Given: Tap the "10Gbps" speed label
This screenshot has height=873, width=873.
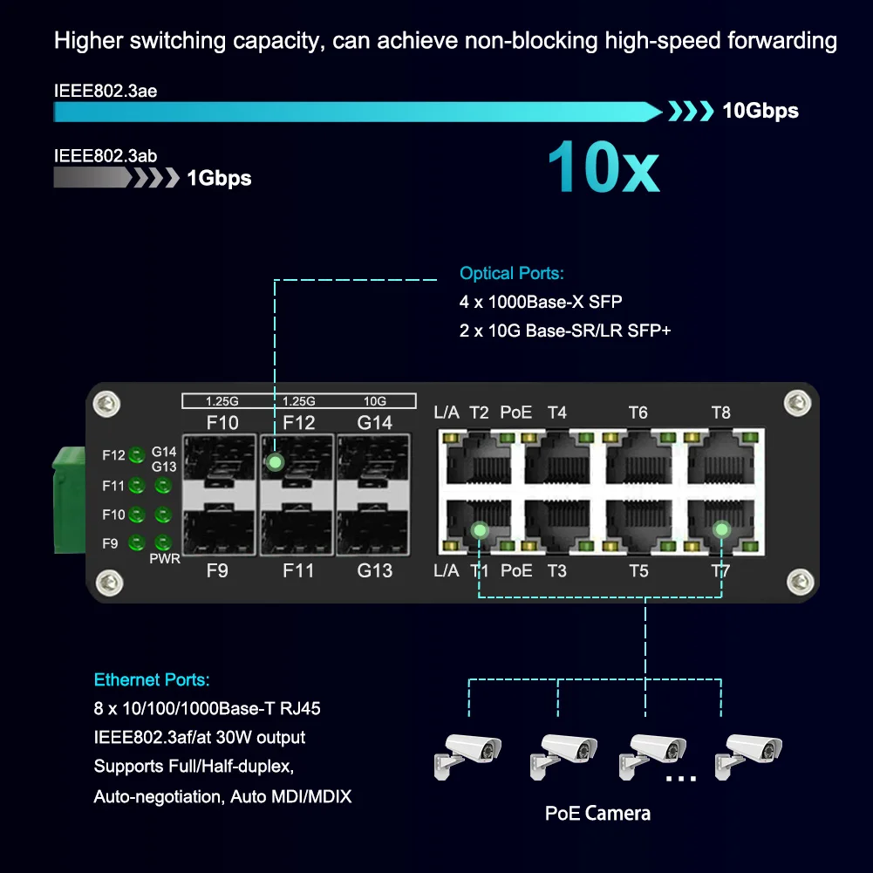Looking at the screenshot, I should tap(760, 111).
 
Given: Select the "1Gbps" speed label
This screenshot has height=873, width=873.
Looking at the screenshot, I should tap(219, 179).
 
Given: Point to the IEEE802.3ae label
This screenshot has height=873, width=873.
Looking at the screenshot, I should tap(106, 90).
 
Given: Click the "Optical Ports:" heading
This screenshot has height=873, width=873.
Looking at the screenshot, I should tap(512, 274).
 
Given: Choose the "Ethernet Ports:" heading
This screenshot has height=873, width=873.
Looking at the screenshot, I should tap(152, 680).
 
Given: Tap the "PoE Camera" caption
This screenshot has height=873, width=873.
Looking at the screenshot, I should tap(597, 814).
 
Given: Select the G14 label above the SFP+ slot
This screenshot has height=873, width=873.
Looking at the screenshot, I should tap(375, 423).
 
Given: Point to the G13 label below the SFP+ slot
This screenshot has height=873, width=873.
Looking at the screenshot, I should tap(375, 571).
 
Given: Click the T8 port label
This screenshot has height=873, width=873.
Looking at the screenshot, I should tap(720, 413).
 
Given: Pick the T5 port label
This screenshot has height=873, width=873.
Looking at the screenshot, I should tap(638, 571).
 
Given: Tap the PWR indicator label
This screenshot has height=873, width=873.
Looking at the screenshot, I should tap(165, 558).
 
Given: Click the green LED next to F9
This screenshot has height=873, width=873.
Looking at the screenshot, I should tap(136, 543).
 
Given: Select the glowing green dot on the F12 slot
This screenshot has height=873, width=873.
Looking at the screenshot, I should tap(275, 461).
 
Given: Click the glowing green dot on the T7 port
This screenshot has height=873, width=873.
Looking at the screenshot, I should tap(720, 529).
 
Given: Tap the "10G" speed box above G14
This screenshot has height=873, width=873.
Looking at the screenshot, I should tap(375, 401).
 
